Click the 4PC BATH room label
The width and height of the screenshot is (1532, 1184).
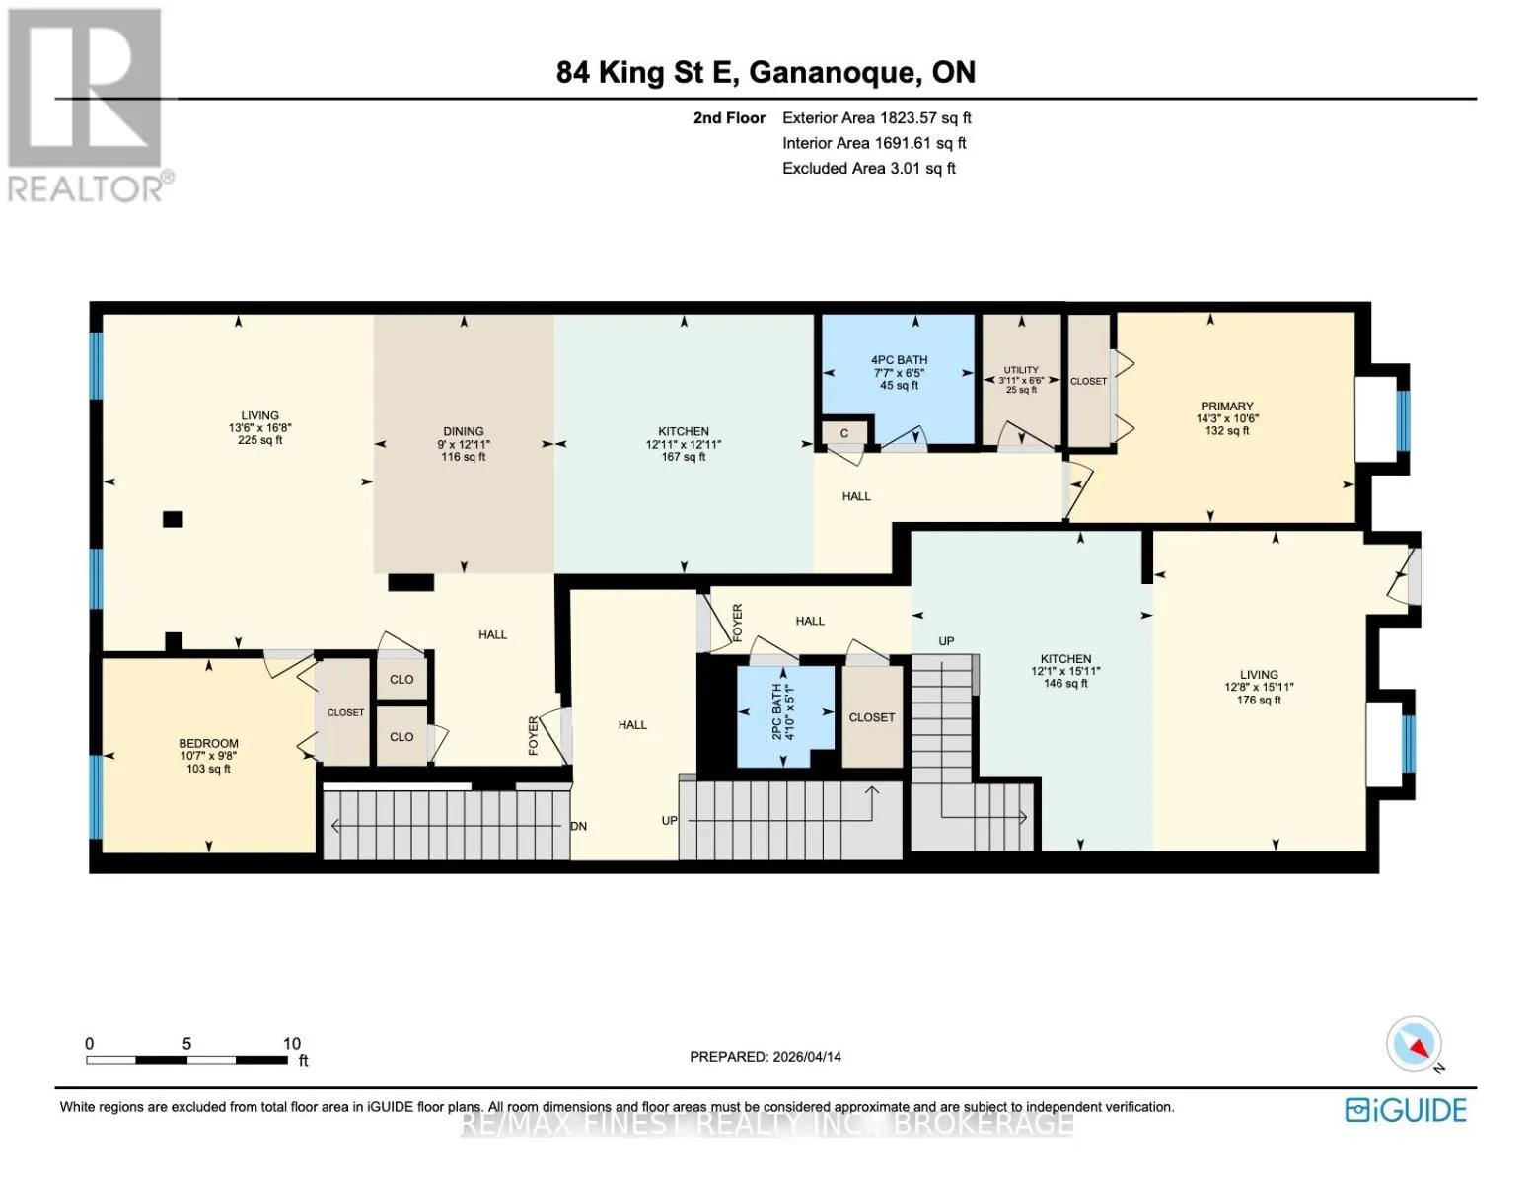pyautogui.click(x=899, y=360)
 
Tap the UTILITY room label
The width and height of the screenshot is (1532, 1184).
pyautogui.click(x=1020, y=370)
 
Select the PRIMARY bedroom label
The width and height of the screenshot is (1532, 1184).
pyautogui.click(x=1227, y=407)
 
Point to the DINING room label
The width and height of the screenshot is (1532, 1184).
pyautogui.click(x=464, y=431)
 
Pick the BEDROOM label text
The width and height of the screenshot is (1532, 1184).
pyautogui.click(x=208, y=743)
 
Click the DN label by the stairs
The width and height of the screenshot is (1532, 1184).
pyautogui.click(x=578, y=826)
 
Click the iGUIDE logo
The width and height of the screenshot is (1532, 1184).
pyautogui.click(x=1406, y=1110)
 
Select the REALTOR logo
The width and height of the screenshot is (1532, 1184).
pyautogui.click(x=88, y=105)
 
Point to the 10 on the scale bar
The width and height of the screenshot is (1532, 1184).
pyautogui.click(x=292, y=1043)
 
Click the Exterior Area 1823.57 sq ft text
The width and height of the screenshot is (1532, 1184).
pyautogui.click(x=876, y=117)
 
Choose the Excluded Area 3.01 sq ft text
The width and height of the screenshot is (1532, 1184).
pyautogui.click(x=868, y=168)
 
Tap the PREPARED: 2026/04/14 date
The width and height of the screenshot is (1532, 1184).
pyautogui.click(x=765, y=1057)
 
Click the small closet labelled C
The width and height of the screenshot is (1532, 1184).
pyautogui.click(x=843, y=434)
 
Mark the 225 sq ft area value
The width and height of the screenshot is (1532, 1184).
pyautogui.click(x=259, y=440)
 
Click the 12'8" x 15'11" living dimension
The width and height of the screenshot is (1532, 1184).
pyautogui.click(x=1259, y=687)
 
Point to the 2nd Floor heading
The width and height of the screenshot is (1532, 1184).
pyautogui.click(x=729, y=117)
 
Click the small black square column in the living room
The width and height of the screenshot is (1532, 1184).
pyautogui.click(x=173, y=519)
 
